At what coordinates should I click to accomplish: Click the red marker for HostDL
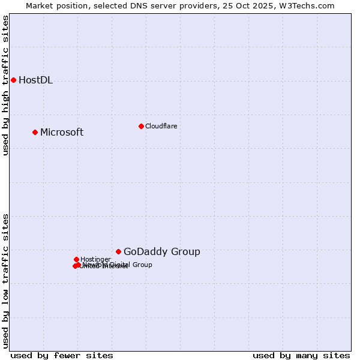13,80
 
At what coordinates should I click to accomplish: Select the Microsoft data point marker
35,132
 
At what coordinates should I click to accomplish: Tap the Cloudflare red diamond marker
141,126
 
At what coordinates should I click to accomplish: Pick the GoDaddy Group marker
118,251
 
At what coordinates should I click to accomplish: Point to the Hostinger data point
76,259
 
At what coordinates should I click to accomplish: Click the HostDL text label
35,80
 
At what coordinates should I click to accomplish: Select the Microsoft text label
62,133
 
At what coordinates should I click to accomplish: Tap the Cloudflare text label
161,126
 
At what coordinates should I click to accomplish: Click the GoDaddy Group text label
162,252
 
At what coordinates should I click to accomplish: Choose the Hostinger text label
95,259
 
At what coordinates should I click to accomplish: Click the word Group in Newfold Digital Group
142,265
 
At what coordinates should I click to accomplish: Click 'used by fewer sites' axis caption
62,355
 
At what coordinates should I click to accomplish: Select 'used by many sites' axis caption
301,355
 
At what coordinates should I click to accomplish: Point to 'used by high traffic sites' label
5,85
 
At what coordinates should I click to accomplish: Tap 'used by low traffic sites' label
5,280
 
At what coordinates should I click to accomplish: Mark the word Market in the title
39,5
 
